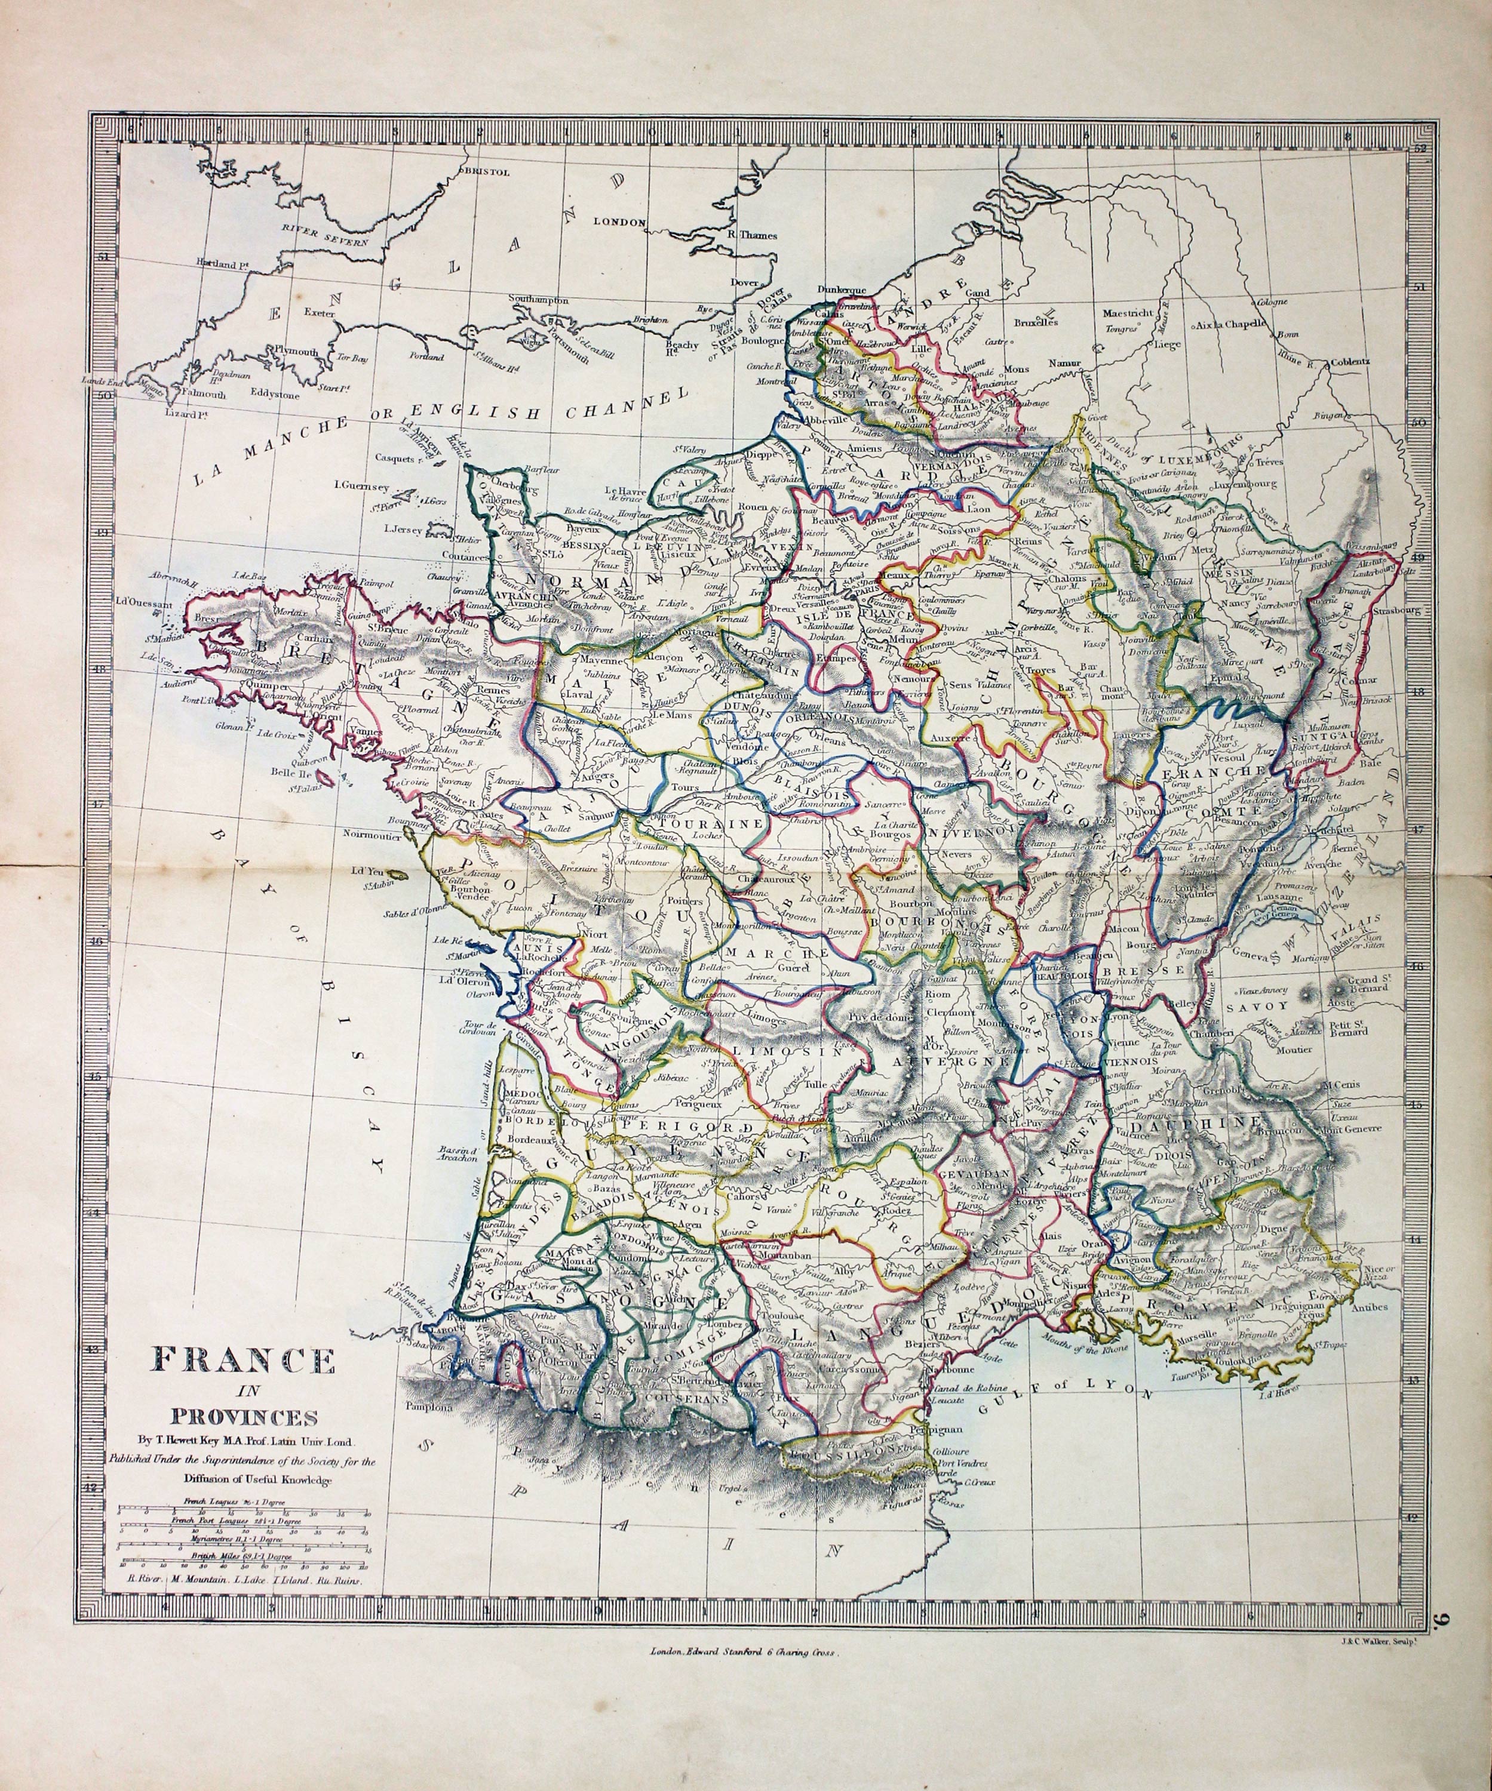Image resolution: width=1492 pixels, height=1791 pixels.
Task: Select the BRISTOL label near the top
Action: point(486,171)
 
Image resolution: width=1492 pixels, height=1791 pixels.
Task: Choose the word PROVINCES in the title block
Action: point(245,1417)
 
